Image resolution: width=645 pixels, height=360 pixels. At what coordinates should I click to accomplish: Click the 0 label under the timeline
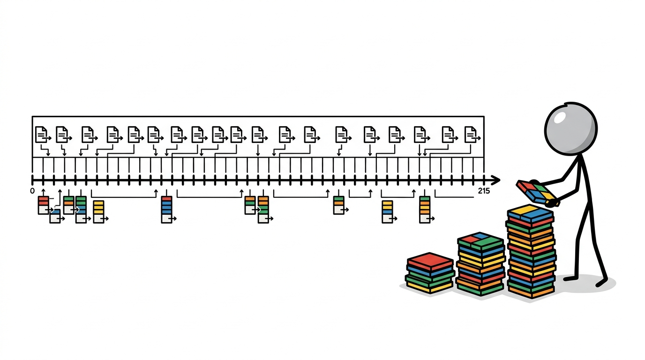tap(32, 191)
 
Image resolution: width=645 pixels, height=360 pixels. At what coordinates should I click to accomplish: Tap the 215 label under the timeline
tap(484, 191)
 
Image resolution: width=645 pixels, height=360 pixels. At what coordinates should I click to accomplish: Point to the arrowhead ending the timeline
tap(495, 180)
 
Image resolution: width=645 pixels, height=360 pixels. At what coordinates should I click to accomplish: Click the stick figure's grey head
tap(571, 129)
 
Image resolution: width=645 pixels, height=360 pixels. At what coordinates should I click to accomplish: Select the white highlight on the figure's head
tap(560, 118)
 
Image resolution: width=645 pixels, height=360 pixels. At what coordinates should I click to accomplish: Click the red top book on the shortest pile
tap(430, 261)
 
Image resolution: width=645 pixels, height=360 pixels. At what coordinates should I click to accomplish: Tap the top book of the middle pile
tap(480, 241)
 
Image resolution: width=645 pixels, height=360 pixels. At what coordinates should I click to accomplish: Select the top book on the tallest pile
tap(530, 213)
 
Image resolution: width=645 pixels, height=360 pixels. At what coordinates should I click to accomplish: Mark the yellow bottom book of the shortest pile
tap(430, 287)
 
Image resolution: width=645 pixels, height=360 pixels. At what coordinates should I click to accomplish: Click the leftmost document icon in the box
tap(42, 135)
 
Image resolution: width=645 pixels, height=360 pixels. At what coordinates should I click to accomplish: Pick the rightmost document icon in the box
tap(472, 135)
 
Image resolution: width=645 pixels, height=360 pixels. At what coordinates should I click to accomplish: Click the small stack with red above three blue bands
tap(167, 210)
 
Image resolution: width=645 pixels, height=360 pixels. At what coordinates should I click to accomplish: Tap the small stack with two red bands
tap(44, 205)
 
